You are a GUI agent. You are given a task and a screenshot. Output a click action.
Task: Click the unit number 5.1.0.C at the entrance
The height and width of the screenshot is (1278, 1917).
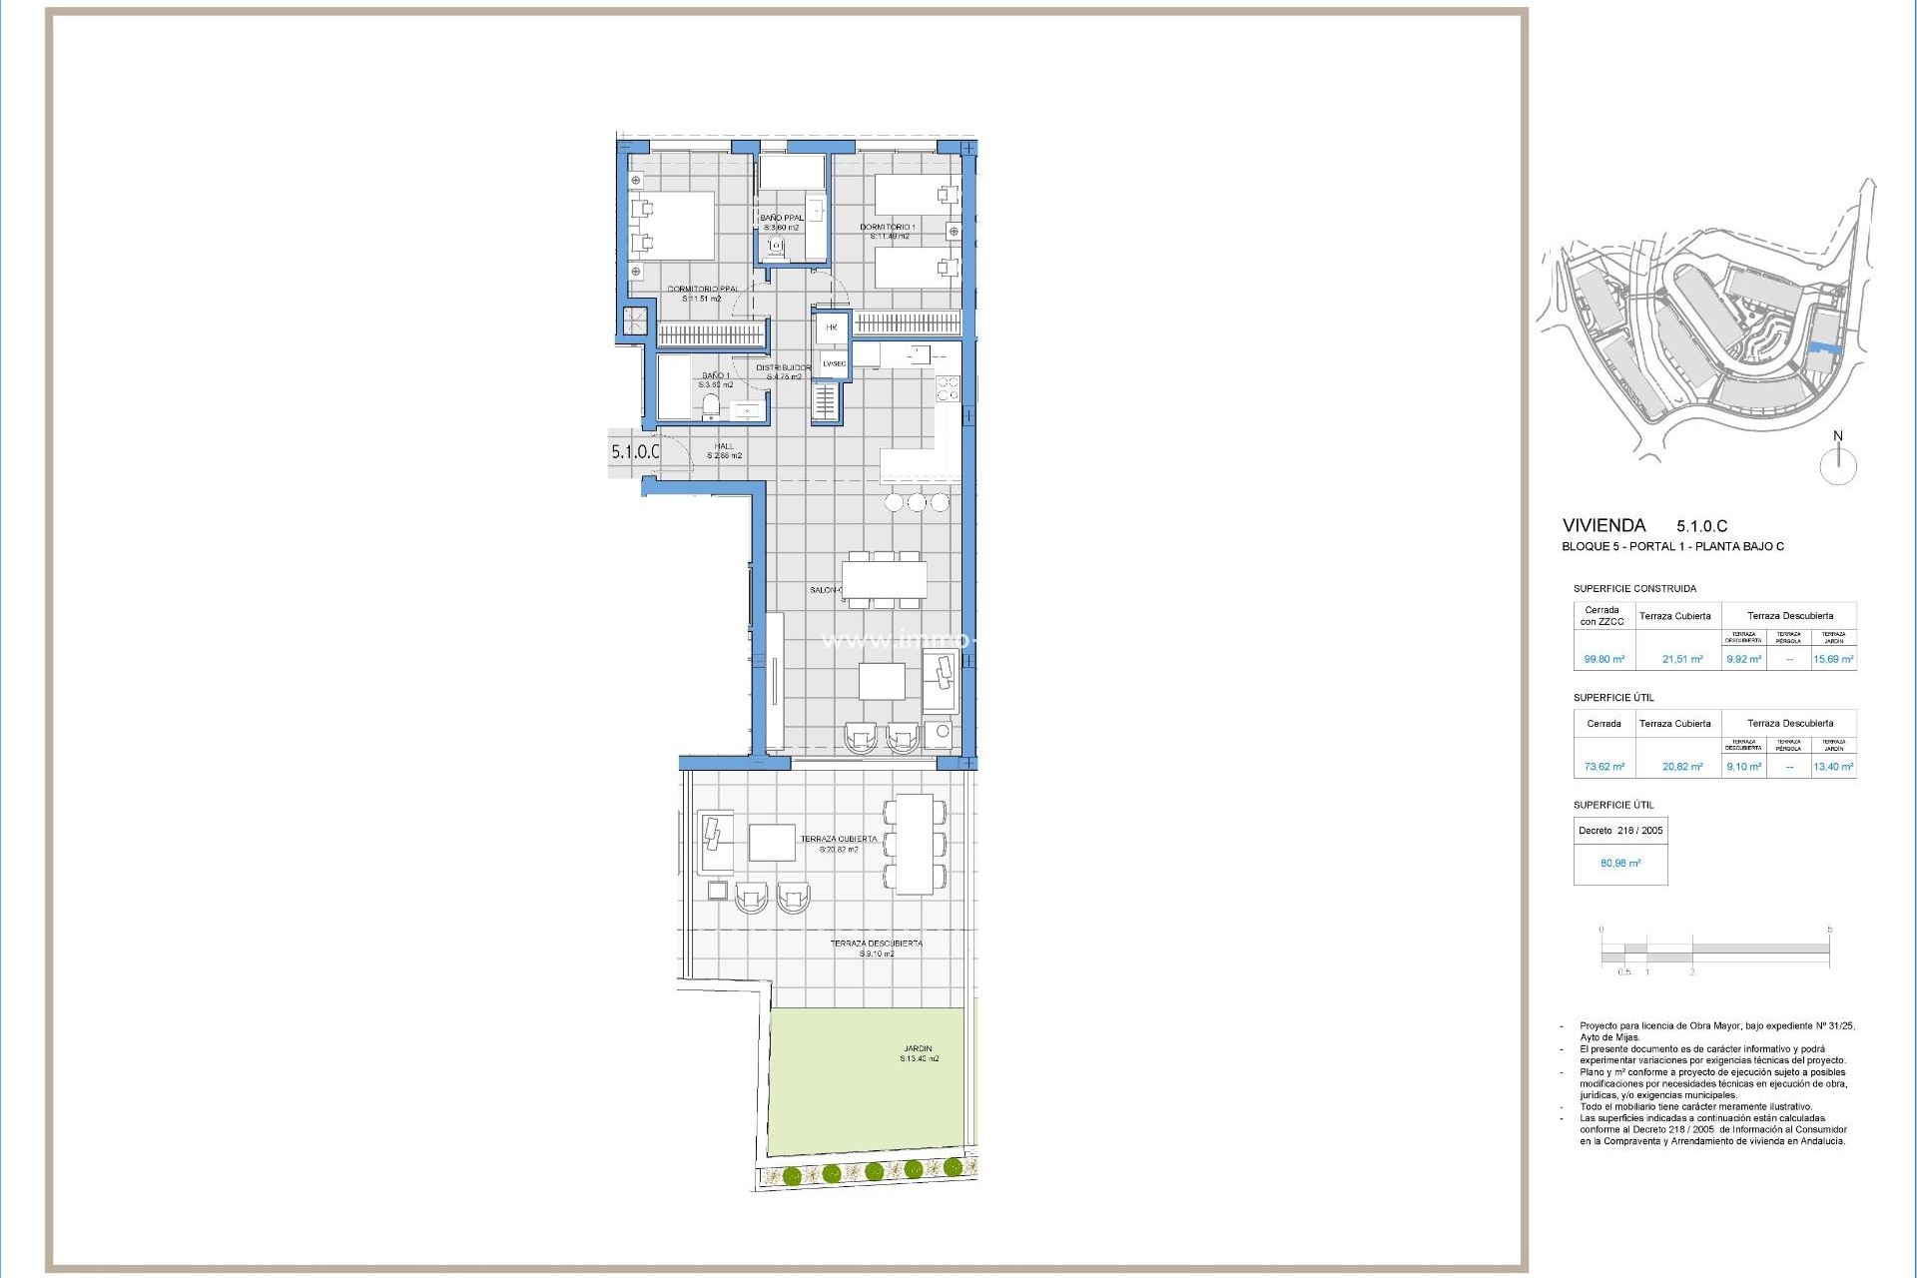click(635, 451)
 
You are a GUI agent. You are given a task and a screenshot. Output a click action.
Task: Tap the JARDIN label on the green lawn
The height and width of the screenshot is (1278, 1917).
click(917, 1049)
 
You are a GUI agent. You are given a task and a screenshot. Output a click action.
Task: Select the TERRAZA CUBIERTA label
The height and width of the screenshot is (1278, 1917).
click(839, 839)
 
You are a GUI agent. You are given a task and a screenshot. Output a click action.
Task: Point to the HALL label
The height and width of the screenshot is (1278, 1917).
click(724, 446)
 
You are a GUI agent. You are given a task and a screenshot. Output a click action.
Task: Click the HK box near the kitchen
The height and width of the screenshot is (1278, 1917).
click(832, 327)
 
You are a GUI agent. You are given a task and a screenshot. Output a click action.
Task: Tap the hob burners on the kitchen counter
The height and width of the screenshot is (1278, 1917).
click(948, 388)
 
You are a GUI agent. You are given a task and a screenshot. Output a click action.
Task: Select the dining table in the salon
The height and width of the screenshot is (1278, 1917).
click(884, 580)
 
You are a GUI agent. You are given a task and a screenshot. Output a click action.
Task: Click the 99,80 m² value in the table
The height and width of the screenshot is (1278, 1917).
click(1603, 659)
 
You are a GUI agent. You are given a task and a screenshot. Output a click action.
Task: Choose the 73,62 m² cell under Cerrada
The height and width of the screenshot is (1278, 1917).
click(1603, 767)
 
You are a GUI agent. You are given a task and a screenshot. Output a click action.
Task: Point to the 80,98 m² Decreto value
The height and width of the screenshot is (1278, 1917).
click(1619, 863)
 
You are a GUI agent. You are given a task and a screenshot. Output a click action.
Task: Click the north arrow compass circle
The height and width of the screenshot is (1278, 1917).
click(1837, 466)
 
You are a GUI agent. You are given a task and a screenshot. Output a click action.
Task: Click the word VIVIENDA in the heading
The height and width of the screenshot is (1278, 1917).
click(1603, 525)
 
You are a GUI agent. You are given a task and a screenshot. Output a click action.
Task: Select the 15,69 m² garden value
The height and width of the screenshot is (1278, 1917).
click(1833, 659)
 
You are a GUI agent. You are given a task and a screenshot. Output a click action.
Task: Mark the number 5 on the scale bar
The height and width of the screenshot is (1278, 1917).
click(1829, 930)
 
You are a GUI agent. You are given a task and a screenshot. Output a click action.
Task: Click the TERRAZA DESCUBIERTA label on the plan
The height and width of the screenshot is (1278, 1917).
click(876, 943)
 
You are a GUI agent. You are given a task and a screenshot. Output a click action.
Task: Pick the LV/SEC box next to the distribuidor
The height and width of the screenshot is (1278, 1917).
click(834, 363)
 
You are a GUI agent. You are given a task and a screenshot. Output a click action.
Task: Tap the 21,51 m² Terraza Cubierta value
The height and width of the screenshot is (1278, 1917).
click(1682, 659)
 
